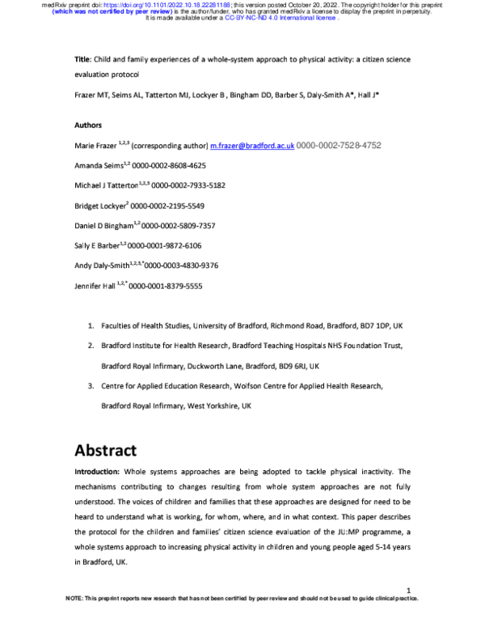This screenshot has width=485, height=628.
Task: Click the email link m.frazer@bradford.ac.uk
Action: point(251,146)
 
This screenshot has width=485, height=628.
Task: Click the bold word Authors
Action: point(88,126)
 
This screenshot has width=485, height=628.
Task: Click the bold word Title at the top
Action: point(82,59)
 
